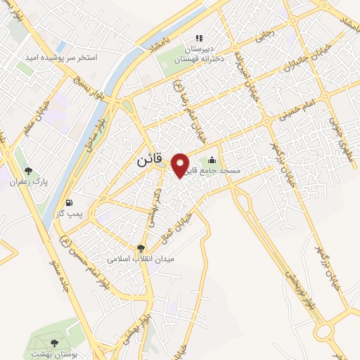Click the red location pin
tap(181, 164)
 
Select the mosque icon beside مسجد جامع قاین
tap(213, 159)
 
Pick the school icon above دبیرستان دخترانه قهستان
tap(199, 37)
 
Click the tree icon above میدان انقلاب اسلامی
tap(141, 247)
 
